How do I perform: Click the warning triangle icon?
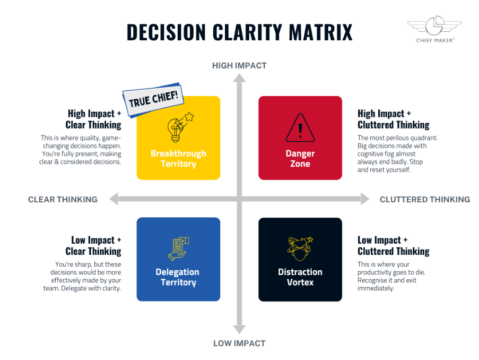300,127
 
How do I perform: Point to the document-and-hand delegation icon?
178,248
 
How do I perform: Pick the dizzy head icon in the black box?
300,248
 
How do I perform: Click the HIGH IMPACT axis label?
240,66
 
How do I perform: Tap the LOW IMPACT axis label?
240,344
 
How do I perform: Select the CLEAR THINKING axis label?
63,200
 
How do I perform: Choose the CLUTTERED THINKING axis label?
425,200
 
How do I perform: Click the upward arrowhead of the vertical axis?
240,78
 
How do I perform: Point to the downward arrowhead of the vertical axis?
240,330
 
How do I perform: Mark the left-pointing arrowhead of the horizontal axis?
114,199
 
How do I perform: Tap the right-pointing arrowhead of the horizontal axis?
365,199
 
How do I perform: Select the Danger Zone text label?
300,158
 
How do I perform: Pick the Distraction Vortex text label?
300,277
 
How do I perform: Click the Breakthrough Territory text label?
178,158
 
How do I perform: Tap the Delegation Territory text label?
178,277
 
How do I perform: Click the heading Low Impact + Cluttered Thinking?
394,246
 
